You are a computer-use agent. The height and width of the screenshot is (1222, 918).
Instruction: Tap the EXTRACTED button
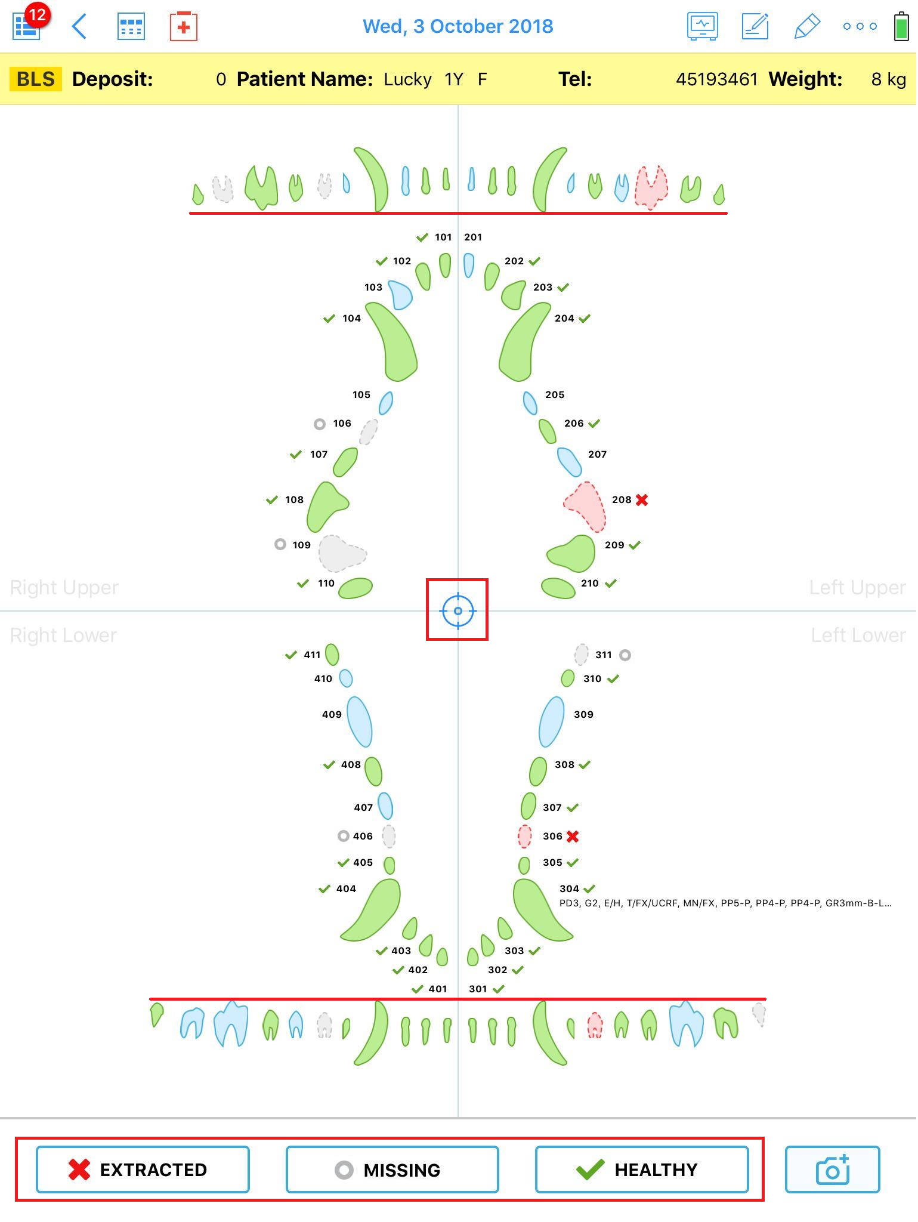click(x=143, y=1169)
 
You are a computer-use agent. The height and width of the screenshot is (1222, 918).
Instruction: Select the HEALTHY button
click(x=642, y=1169)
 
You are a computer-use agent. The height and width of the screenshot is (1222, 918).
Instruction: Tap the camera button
click(x=832, y=1169)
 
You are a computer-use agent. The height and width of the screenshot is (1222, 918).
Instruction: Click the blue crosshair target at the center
click(x=458, y=610)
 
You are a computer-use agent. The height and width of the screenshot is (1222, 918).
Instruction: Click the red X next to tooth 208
click(x=642, y=500)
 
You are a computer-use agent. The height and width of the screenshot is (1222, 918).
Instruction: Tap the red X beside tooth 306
click(x=573, y=837)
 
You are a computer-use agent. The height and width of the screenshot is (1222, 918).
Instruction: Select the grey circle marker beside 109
click(x=280, y=544)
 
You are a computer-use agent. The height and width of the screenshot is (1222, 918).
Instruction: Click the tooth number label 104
click(x=351, y=319)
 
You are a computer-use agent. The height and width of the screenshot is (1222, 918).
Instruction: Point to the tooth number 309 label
click(x=583, y=715)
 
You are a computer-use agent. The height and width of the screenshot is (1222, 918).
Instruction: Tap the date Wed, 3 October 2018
click(x=458, y=27)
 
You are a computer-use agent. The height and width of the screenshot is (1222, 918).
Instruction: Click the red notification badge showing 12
click(x=37, y=15)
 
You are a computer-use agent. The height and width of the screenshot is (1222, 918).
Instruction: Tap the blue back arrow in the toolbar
click(x=79, y=27)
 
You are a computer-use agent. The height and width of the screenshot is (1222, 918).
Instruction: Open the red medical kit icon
click(x=184, y=27)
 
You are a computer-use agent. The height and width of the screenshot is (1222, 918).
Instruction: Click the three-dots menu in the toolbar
click(x=860, y=26)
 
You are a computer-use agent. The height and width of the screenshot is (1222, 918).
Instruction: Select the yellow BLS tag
click(x=36, y=79)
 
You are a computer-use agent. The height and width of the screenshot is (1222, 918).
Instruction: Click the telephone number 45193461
click(x=716, y=79)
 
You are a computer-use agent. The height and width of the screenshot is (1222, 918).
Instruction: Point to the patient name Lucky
click(x=407, y=79)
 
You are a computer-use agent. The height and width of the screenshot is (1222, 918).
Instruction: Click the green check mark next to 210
click(x=611, y=583)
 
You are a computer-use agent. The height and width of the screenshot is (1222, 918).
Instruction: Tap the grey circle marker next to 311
click(x=625, y=655)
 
